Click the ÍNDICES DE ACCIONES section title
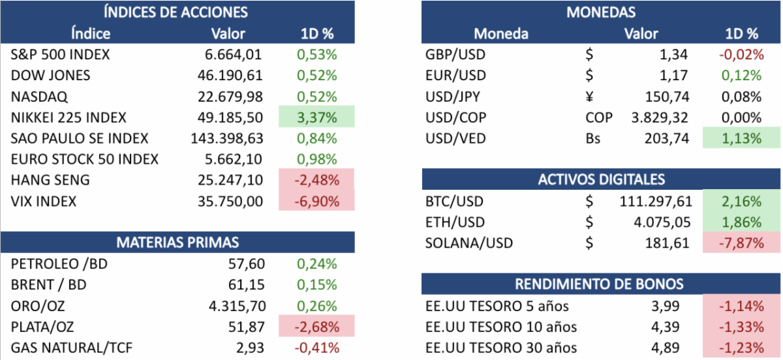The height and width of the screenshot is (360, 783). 177,11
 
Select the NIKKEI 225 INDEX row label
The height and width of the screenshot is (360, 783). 69,118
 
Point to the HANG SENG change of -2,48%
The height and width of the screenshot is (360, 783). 316,181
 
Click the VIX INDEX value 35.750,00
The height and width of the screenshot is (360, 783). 230,202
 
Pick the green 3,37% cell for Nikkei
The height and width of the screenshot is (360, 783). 316,118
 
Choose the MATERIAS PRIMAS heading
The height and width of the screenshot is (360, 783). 177,243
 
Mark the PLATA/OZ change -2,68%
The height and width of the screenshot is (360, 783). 316,327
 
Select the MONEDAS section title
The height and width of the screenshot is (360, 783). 600,11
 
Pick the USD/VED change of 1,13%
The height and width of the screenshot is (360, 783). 741,139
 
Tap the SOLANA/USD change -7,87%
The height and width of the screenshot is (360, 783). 741,243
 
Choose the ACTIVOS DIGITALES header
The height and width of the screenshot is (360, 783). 600,179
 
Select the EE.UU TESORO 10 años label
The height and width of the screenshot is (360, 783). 500,327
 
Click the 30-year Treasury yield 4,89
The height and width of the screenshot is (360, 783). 666,348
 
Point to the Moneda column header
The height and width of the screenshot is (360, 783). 500,33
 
